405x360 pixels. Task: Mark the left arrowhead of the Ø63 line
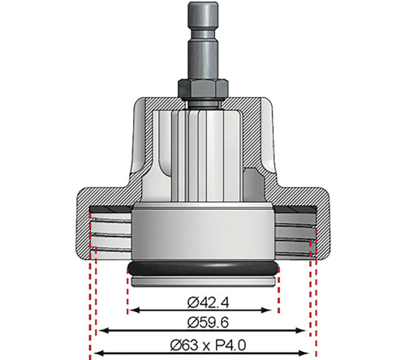pyautogui.click(x=96, y=352)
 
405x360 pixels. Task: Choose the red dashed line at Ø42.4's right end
pyautogui.click(x=279, y=288)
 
